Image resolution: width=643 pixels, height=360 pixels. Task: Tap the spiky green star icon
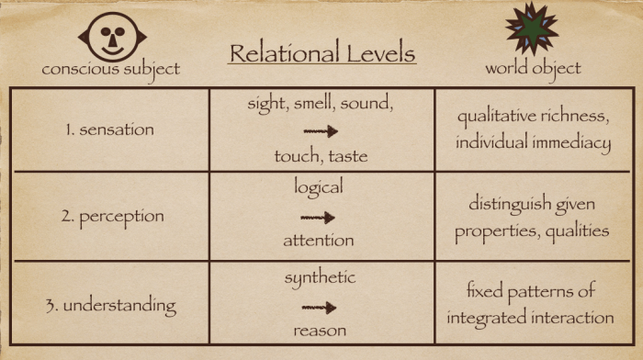click(531, 28)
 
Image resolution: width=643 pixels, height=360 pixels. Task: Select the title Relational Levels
click(321, 52)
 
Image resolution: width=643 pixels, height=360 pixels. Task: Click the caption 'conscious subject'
click(110, 69)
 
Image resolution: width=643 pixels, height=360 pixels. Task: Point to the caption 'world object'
click(533, 69)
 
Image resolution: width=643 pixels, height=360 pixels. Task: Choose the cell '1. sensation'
click(110, 129)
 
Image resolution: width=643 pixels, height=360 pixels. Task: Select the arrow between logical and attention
click(318, 218)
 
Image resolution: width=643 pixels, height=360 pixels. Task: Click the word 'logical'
click(319, 187)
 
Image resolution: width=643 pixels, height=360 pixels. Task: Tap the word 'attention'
click(319, 241)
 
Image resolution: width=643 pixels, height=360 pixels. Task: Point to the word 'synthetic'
click(320, 276)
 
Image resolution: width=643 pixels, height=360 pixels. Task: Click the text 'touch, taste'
click(321, 156)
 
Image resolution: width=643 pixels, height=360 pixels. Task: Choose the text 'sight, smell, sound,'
click(321, 103)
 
